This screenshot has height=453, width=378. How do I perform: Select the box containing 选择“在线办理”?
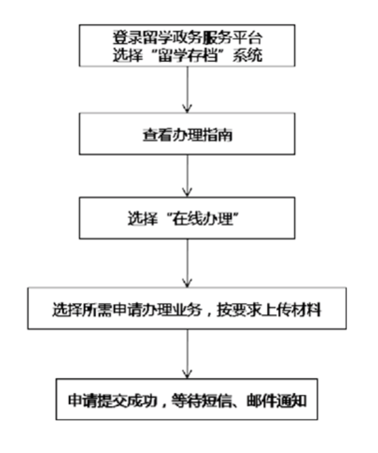187,219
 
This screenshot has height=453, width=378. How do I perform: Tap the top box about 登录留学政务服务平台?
187,45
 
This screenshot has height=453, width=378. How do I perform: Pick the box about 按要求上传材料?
187,309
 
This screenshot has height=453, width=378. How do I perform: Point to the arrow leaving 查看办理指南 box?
187,175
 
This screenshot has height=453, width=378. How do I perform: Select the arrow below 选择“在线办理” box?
187,263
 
